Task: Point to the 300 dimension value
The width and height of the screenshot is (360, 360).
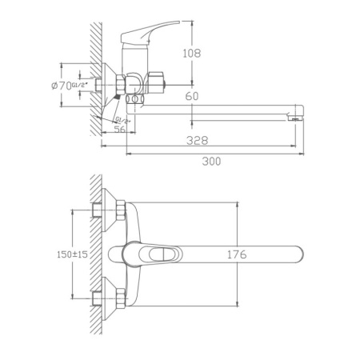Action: pos(212,161)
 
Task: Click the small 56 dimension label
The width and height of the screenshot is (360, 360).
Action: pos(120,129)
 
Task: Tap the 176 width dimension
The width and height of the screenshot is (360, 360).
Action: pos(236,254)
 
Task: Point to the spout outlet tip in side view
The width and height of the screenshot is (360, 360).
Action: pos(297,118)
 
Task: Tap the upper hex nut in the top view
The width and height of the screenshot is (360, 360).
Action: pos(118,213)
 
